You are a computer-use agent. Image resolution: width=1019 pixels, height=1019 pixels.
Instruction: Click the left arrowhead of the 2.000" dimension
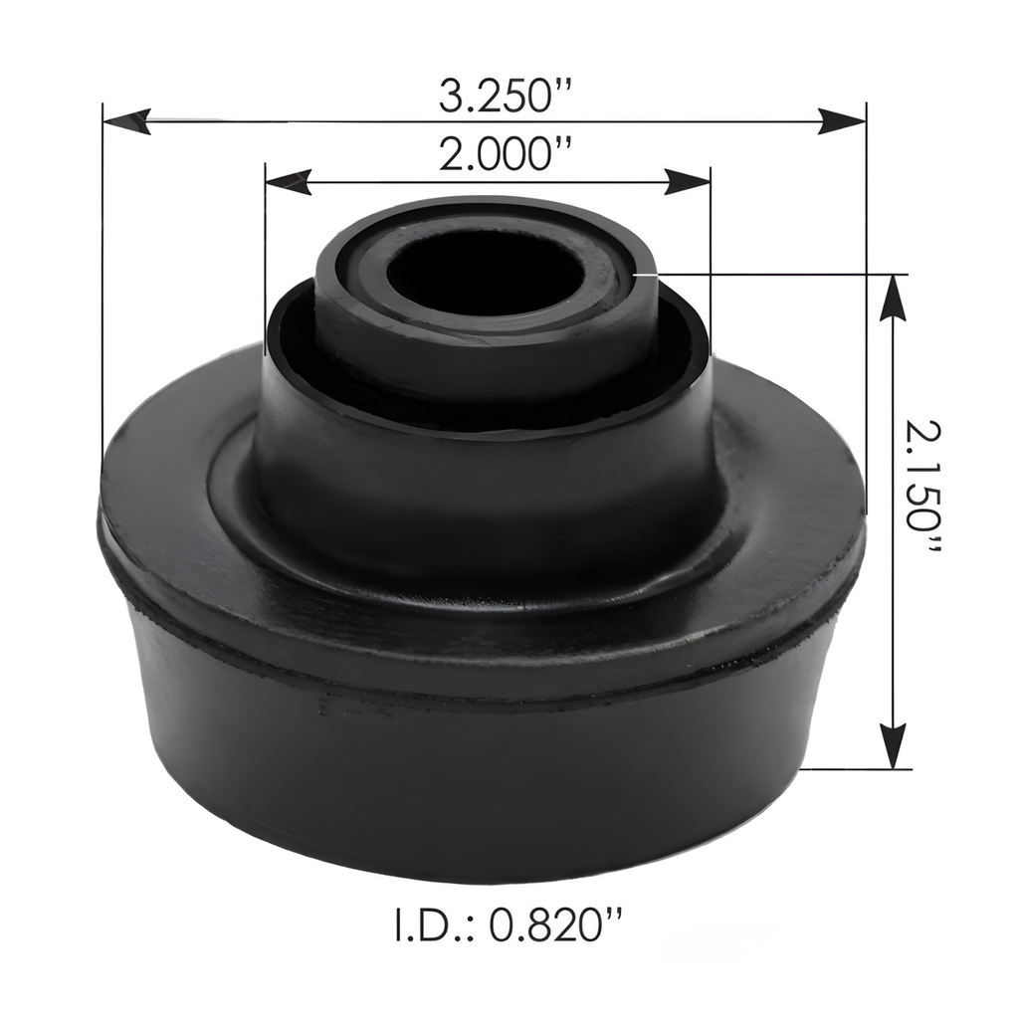tap(288, 180)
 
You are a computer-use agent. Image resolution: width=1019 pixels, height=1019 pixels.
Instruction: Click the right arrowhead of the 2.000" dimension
tap(689, 180)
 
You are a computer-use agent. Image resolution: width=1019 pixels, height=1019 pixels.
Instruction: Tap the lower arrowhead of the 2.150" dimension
tap(894, 745)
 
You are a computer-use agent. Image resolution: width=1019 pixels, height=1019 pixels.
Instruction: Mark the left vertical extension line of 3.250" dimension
tap(102, 299)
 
